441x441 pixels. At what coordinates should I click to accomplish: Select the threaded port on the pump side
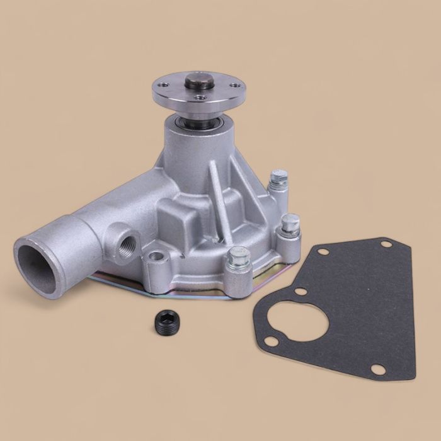(125, 245)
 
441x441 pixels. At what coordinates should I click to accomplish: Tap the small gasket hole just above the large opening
(302, 291)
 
